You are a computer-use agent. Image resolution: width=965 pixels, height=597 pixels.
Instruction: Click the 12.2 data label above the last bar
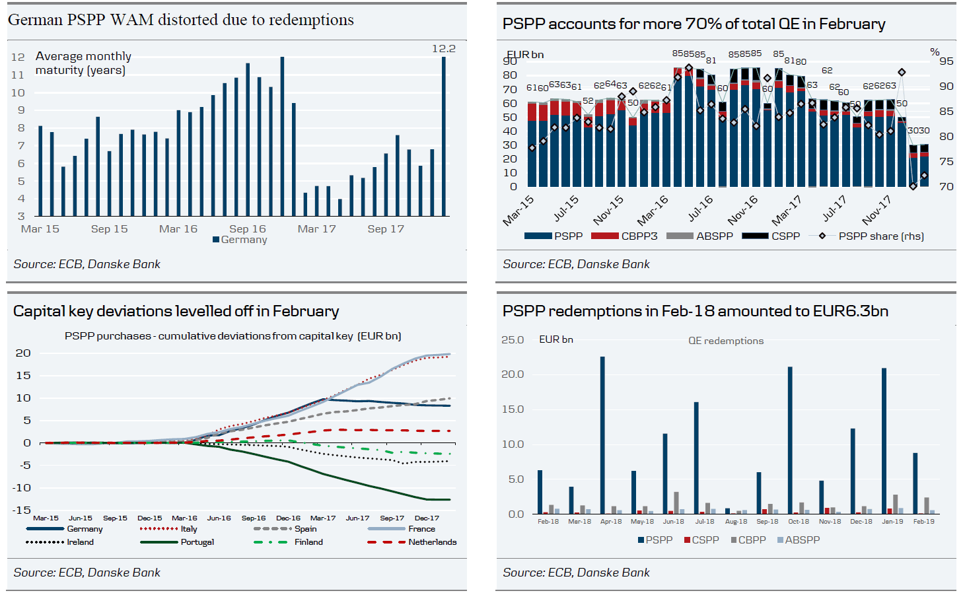tap(443, 49)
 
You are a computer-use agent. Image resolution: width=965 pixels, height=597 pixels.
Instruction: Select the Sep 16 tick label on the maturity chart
tap(248, 229)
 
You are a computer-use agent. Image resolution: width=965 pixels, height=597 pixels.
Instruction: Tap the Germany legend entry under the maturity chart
tap(240, 240)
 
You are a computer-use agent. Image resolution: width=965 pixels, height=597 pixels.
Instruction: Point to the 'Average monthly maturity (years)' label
tap(83, 63)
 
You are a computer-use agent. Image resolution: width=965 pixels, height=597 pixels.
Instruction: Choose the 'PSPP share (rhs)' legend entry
tap(880, 236)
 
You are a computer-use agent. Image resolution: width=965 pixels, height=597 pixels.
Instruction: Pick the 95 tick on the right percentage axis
tap(946, 61)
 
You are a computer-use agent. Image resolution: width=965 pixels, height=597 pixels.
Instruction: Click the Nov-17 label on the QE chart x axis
tap(876, 209)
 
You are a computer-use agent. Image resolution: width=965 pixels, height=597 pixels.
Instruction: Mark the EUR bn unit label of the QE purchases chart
tap(526, 55)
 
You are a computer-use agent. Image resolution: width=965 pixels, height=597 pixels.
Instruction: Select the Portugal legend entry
tap(197, 542)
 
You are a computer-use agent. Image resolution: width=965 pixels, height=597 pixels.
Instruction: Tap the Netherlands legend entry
tap(432, 542)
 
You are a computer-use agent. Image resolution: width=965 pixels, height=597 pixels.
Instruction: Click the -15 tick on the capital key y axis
tap(22, 510)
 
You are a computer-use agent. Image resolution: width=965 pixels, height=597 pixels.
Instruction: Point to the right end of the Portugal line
tap(449, 500)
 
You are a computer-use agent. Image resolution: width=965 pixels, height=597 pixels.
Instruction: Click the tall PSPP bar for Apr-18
tap(602, 435)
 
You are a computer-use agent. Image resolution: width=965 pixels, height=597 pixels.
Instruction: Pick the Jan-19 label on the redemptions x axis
tap(892, 522)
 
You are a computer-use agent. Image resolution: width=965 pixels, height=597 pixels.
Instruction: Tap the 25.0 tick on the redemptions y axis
tap(513, 340)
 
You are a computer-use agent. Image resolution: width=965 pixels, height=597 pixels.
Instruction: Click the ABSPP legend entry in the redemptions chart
tap(802, 540)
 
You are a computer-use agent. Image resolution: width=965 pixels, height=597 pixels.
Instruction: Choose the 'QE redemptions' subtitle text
tap(726, 341)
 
